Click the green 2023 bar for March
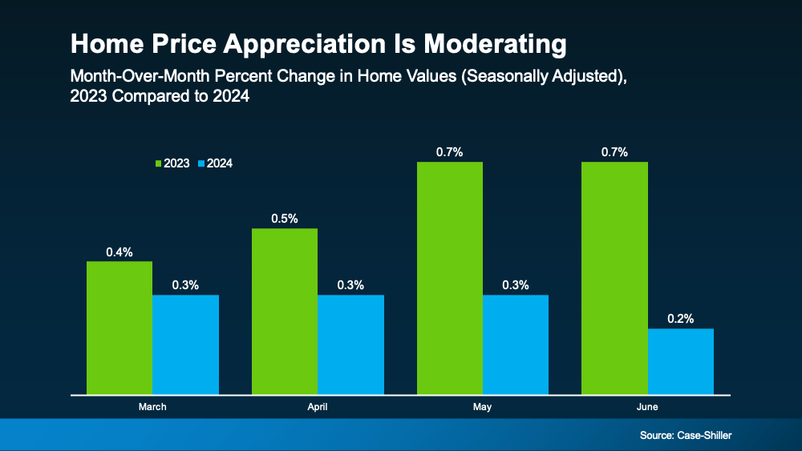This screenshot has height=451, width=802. click(119, 328)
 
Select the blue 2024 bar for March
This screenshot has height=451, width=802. click(185, 344)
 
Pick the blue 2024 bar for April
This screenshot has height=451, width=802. click(350, 344)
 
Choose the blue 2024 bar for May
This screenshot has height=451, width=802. click(516, 344)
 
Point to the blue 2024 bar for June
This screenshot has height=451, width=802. click(680, 361)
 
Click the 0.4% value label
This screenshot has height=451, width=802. click(119, 252)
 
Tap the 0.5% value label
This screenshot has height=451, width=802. click(285, 219)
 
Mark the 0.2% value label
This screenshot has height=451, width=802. click(680, 318)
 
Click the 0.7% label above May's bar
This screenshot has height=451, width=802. click(450, 152)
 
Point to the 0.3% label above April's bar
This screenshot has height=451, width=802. click(350, 284)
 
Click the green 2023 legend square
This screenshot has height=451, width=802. click(159, 163)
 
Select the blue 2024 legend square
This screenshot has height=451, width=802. click(201, 163)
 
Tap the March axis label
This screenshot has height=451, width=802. click(152, 407)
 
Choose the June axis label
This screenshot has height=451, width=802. click(647, 407)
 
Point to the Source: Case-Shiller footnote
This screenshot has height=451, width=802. click(686, 435)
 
